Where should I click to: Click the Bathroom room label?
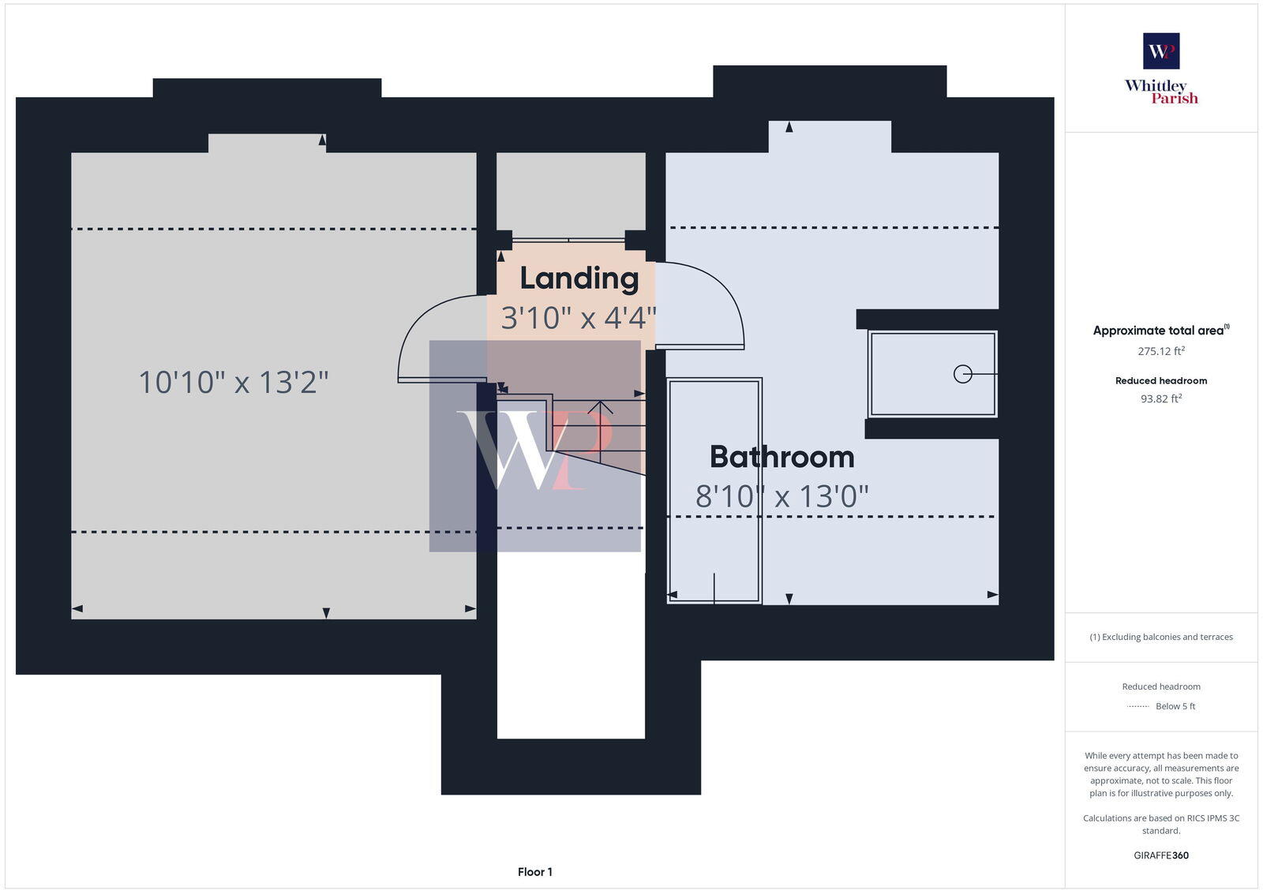pyautogui.click(x=781, y=457)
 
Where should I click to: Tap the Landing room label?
pyautogui.click(x=579, y=278)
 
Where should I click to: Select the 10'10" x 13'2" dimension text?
pyautogui.click(x=233, y=383)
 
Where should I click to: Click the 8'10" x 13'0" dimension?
pyautogui.click(x=781, y=496)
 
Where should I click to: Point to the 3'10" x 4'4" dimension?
pyautogui.click(x=579, y=318)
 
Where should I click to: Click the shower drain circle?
pyautogui.click(x=962, y=374)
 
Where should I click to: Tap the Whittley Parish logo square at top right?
pyautogui.click(x=1161, y=51)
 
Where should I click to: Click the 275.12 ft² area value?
pyautogui.click(x=1161, y=351)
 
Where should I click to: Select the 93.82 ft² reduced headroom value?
pyautogui.click(x=1161, y=398)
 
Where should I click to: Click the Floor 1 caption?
pyautogui.click(x=535, y=872)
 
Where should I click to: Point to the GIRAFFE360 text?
pyautogui.click(x=1161, y=855)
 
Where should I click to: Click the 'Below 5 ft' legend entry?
pyautogui.click(x=1175, y=706)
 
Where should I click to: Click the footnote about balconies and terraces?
pyautogui.click(x=1161, y=637)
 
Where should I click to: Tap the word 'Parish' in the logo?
pyautogui.click(x=1174, y=99)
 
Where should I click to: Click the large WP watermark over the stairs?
pyautogui.click(x=535, y=447)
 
